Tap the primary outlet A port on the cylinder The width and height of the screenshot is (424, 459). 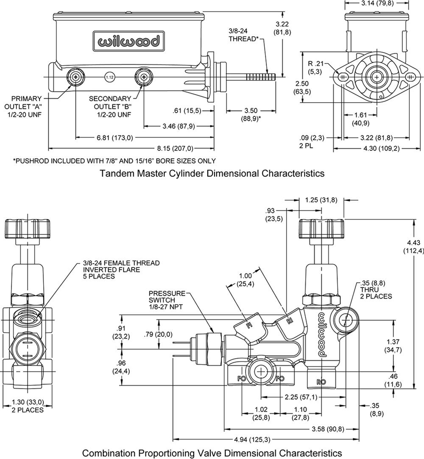pyautogui.click(x=76, y=77)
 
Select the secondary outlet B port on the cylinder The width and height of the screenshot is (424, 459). pyautogui.click(x=143, y=77)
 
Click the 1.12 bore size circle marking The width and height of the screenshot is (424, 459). pyautogui.click(x=109, y=77)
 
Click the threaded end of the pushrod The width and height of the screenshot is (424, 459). pyautogui.click(x=260, y=77)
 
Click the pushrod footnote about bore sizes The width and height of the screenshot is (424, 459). pyautogui.click(x=114, y=161)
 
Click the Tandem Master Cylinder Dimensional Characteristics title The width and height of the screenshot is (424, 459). pyautogui.click(x=212, y=173)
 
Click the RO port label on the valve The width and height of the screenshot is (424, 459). pyautogui.click(x=321, y=382)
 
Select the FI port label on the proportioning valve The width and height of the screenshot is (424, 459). pyautogui.click(x=249, y=325)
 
